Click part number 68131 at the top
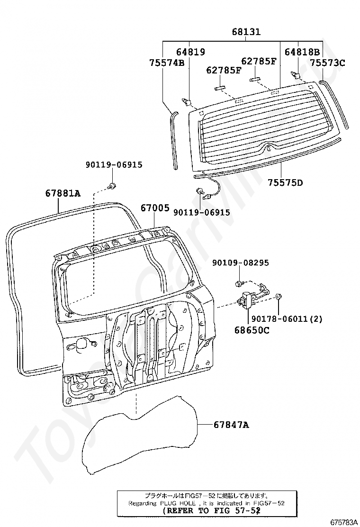pyautogui.click(x=246, y=32)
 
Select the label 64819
pyautogui.click(x=191, y=52)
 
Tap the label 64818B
pyautogui.click(x=302, y=52)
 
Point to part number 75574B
pyautogui.click(x=167, y=62)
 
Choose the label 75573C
pyautogui.click(x=328, y=62)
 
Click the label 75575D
pyautogui.click(x=285, y=182)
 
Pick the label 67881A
pyautogui.click(x=63, y=193)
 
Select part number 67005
pyautogui.click(x=154, y=208)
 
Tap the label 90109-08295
pyautogui.click(x=240, y=263)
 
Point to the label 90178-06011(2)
pyautogui.click(x=287, y=319)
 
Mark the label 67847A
pyautogui.click(x=231, y=425)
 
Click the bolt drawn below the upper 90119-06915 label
pyautogui.click(x=112, y=185)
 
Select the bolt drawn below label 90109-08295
pyautogui.click(x=239, y=284)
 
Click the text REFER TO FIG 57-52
pyautogui.click(x=211, y=510)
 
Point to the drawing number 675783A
pyautogui.click(x=343, y=522)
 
